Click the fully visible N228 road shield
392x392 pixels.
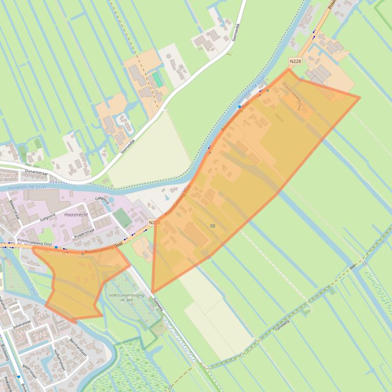295,62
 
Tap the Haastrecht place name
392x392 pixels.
76,215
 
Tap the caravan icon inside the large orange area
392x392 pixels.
212,226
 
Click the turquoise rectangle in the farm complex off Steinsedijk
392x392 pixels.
158,80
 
